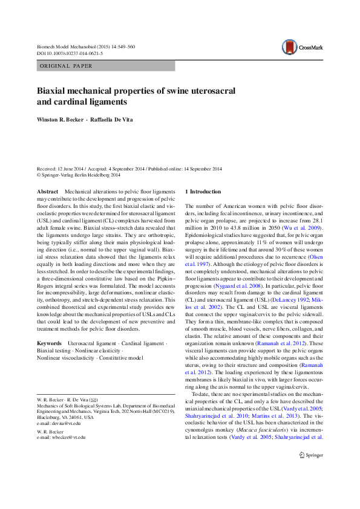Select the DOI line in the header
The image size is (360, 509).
point(70,53)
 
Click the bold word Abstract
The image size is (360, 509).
point(48,191)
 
